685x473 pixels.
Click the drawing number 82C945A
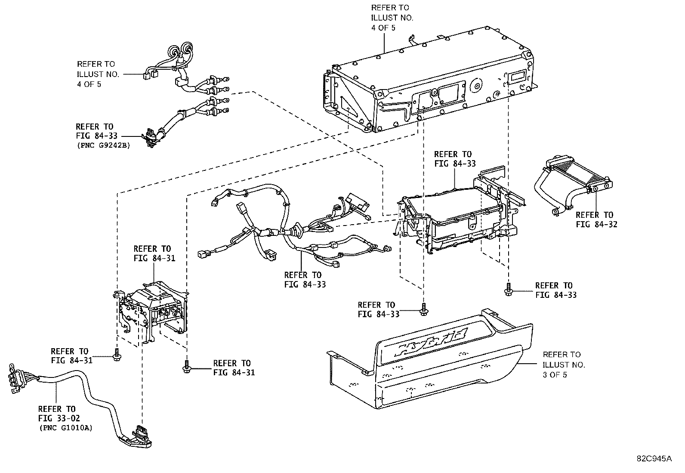(654, 459)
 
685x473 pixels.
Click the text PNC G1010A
(65, 428)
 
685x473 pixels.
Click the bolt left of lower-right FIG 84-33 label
(508, 289)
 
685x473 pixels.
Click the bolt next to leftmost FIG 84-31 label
(116, 354)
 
